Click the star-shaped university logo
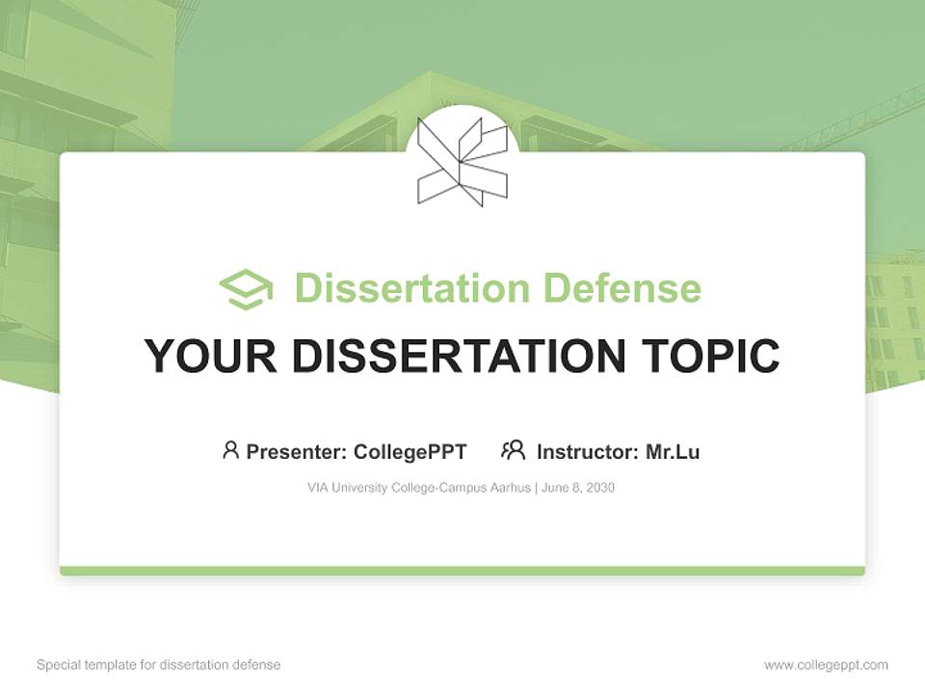pos(462,161)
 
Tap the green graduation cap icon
pos(246,288)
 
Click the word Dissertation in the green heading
pos(411,288)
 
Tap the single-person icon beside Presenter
pos(230,450)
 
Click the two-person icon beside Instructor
pos(513,450)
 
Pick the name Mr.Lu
pos(673,451)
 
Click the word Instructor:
pos(587,451)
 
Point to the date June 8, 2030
pos(578,488)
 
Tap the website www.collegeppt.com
pos(826,665)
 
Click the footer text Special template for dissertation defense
pos(158,665)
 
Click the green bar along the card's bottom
pos(462,571)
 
